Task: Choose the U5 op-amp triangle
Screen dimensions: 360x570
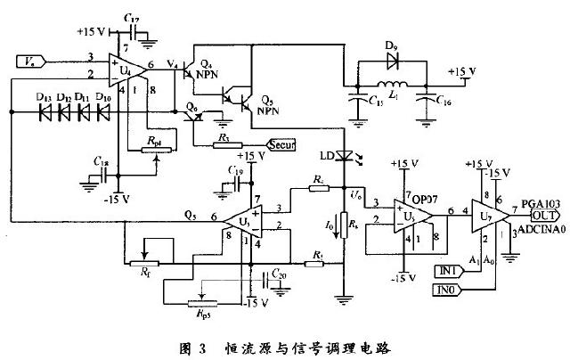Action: tap(406, 214)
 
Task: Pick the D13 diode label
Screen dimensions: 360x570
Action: tap(40, 96)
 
